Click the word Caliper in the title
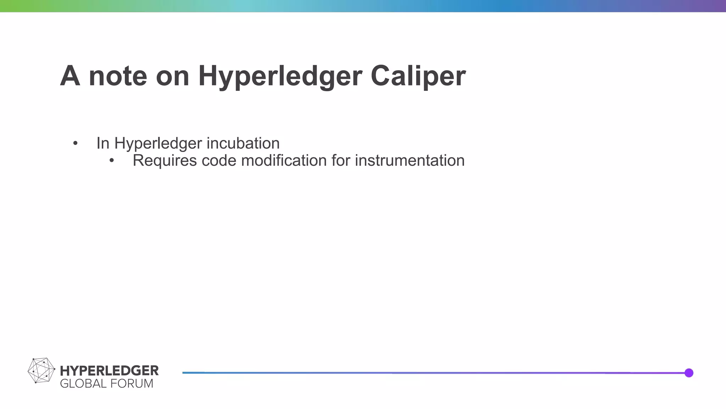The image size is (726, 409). click(418, 76)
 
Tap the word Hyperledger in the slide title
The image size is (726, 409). click(280, 77)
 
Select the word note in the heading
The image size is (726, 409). click(118, 76)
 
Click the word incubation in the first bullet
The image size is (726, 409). click(243, 143)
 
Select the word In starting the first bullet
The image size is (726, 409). click(103, 143)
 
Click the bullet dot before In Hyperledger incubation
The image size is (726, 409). click(75, 143)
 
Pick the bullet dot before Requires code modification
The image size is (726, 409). click(112, 160)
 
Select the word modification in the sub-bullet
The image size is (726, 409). click(284, 160)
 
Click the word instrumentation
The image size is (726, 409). click(409, 160)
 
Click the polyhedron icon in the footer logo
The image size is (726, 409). click(41, 370)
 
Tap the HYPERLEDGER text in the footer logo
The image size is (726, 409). click(109, 371)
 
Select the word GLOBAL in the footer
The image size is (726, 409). click(83, 384)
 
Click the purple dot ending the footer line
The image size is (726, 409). click(689, 373)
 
